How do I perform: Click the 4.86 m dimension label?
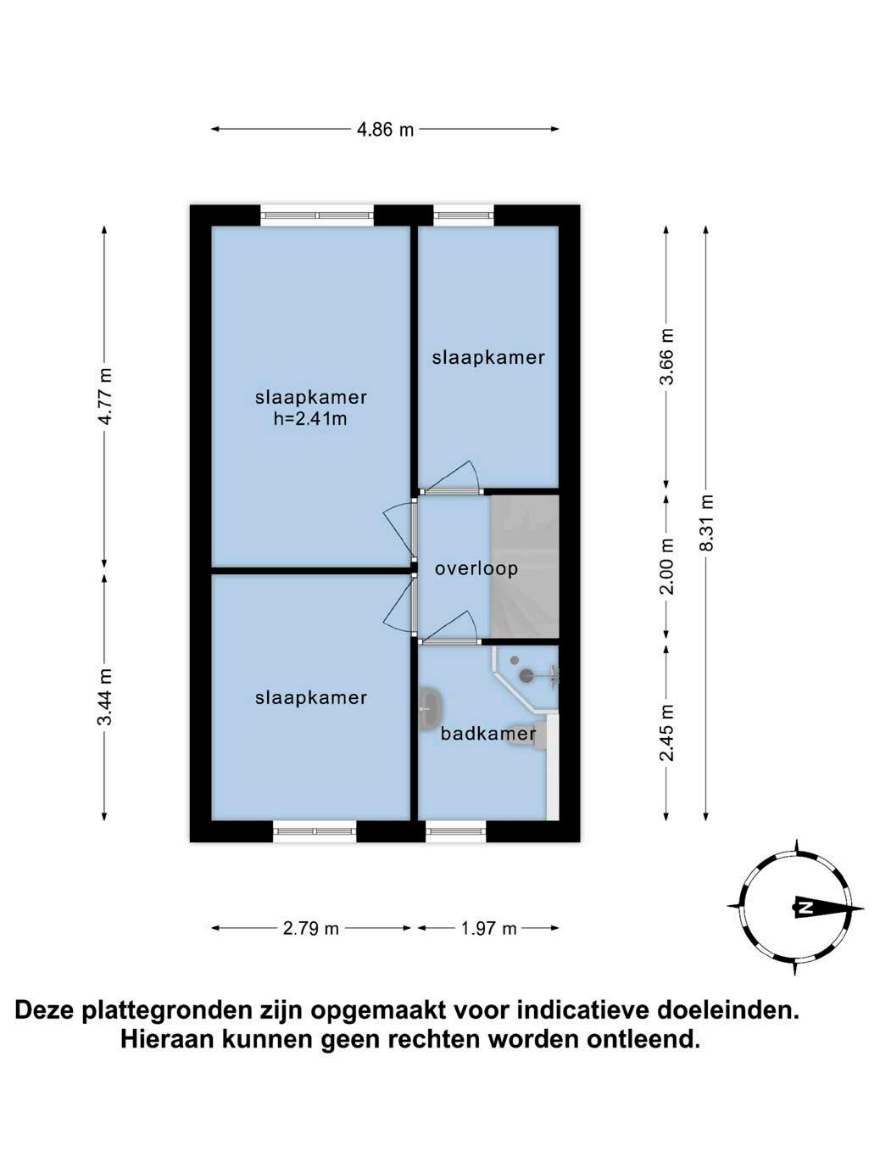(x=385, y=130)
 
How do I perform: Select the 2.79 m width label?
(x=310, y=928)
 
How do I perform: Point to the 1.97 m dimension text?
(x=488, y=928)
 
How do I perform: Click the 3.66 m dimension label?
(x=667, y=356)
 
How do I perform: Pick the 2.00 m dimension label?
(x=667, y=567)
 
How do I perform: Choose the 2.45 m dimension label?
(x=667, y=733)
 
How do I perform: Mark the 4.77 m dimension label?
(x=105, y=397)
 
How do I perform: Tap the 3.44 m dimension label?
(x=105, y=697)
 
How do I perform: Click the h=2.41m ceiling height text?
(x=310, y=418)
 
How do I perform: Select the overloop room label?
(x=476, y=568)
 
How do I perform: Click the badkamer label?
(x=488, y=734)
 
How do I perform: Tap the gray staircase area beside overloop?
(x=525, y=567)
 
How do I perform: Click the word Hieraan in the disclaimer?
(x=166, y=1039)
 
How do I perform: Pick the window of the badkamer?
(x=455, y=831)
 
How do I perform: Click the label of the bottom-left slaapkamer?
(x=310, y=697)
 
